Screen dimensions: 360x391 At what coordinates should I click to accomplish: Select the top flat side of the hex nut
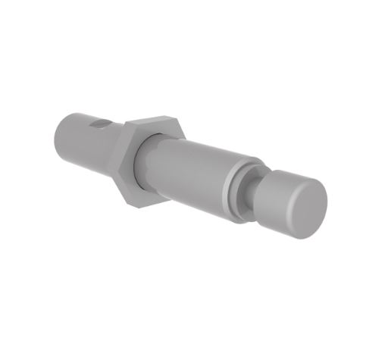coord(153,124)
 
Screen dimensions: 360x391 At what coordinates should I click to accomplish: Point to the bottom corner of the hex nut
coord(136,205)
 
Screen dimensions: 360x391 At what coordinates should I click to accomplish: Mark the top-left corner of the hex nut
coord(125,124)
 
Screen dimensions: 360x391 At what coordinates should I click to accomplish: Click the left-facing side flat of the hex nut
coord(120,163)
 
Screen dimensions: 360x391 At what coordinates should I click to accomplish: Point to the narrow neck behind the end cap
coord(258,199)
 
